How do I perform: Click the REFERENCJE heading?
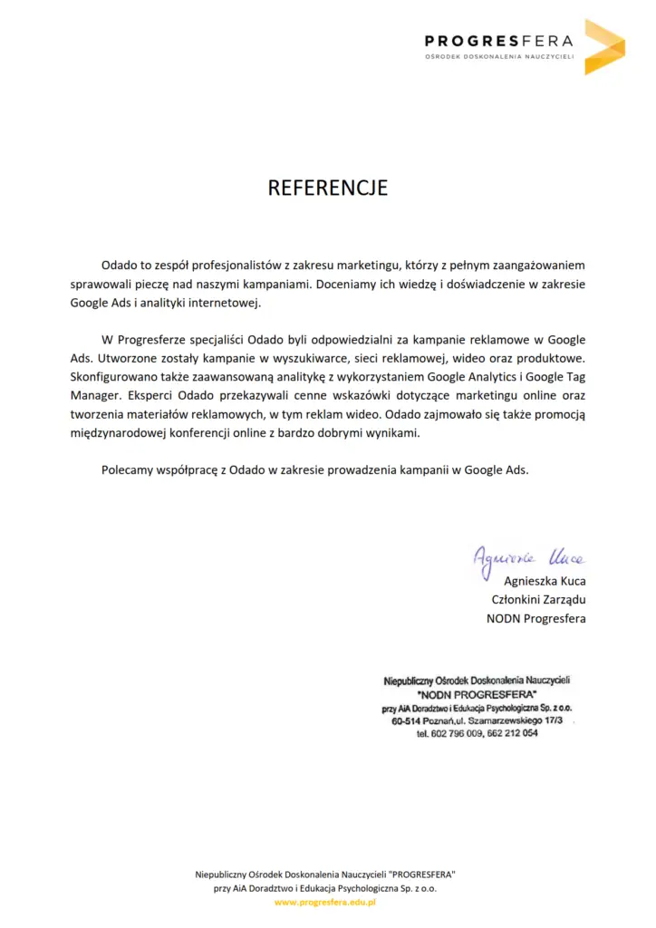[327, 188]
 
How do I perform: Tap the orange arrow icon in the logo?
[603, 46]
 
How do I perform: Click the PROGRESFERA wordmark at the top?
[499, 40]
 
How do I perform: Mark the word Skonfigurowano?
[114, 377]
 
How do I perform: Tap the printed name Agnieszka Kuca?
[545, 582]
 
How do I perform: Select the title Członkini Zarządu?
[538, 600]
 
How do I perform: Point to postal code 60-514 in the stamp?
[408, 720]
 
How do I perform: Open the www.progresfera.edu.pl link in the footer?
[324, 903]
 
